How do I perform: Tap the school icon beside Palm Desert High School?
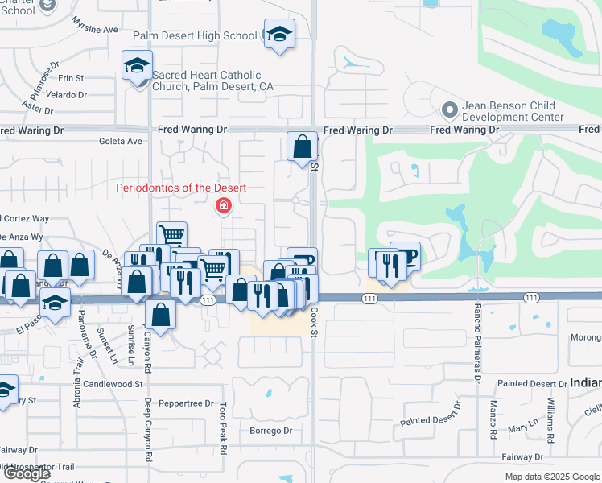point(279,35)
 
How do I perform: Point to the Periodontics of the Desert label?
point(181,188)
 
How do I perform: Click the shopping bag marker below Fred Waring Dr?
point(302,147)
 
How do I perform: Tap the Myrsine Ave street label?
point(94,25)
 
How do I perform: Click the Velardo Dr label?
point(66,94)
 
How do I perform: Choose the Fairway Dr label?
point(544,456)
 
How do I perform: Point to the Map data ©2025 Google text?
point(552,477)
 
